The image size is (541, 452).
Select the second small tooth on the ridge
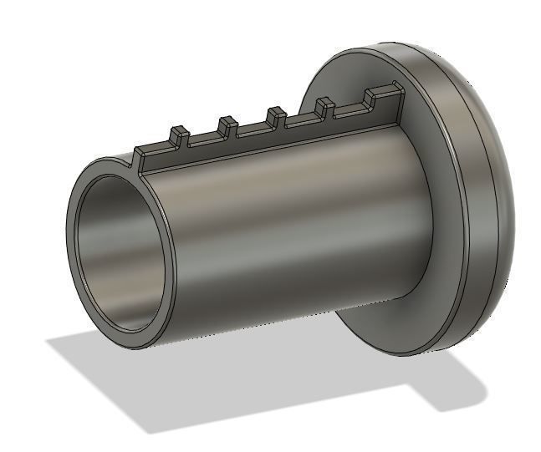click(227, 125)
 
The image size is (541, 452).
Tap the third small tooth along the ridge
click(276, 114)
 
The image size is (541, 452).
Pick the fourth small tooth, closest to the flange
click(324, 106)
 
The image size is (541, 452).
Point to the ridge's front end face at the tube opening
click(140, 160)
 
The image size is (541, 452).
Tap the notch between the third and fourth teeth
click(300, 121)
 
